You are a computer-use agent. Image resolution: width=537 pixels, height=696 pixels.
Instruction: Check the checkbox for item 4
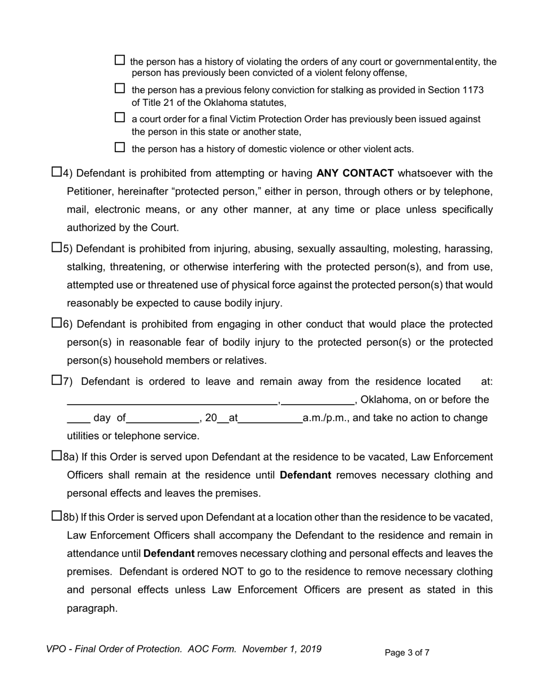click(57, 172)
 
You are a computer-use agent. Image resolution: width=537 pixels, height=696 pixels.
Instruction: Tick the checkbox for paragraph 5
click(57, 247)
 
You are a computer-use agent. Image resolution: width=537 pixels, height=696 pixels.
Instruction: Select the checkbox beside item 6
click(57, 323)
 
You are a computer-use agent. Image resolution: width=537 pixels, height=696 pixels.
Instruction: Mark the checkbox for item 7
click(57, 380)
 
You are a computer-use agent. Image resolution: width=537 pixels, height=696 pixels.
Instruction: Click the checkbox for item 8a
click(57, 456)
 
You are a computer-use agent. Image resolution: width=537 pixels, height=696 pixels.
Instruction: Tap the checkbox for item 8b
click(57, 516)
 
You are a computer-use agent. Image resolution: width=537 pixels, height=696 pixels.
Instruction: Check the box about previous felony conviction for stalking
click(119, 88)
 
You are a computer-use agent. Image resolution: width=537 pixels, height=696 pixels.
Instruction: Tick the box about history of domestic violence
click(119, 148)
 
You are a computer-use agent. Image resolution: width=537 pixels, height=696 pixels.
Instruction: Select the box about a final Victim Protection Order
click(119, 118)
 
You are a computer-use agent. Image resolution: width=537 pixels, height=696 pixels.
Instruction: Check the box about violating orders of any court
click(119, 60)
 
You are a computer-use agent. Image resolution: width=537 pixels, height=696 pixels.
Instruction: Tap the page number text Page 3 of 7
click(407, 653)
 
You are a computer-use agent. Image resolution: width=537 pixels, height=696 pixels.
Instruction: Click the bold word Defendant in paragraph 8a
click(305, 475)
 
